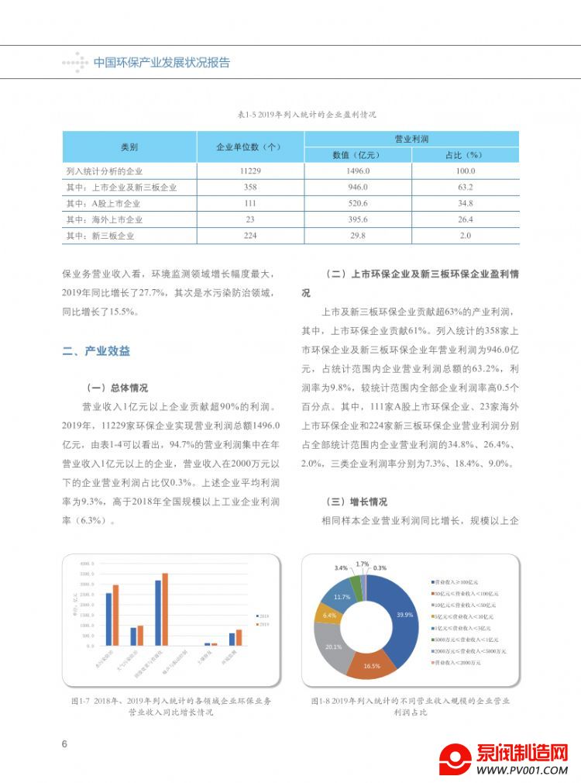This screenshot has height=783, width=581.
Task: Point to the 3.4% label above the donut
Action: (x=341, y=568)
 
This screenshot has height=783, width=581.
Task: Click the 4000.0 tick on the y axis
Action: (x=87, y=562)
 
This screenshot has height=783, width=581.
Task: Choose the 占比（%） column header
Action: (x=465, y=154)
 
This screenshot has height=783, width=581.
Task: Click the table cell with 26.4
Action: (x=465, y=219)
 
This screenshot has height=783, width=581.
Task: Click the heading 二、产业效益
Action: (x=96, y=351)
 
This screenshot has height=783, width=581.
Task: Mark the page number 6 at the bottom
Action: (x=65, y=744)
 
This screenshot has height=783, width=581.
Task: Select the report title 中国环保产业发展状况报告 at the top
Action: (x=161, y=63)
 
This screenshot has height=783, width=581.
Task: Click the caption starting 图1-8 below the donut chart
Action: (x=410, y=705)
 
